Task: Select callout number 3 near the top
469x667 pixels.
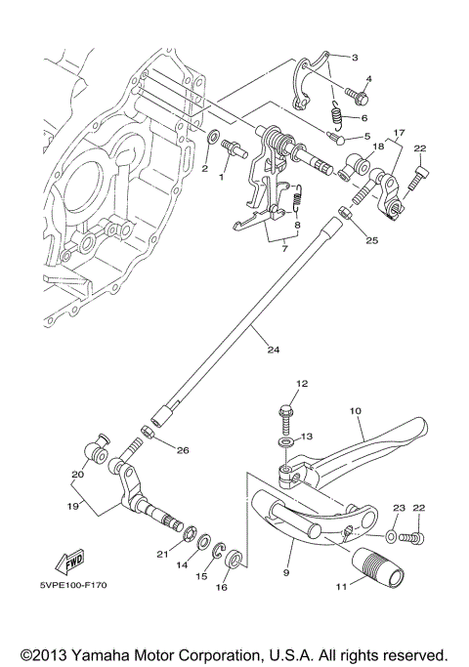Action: click(x=355, y=58)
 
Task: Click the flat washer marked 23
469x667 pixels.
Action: click(x=393, y=536)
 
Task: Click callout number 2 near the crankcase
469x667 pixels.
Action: click(x=204, y=169)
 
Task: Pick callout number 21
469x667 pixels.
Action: click(x=161, y=554)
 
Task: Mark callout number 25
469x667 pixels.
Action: click(x=373, y=239)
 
